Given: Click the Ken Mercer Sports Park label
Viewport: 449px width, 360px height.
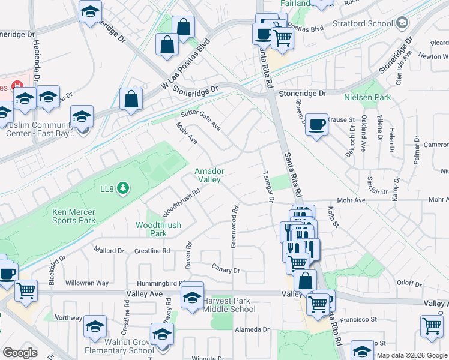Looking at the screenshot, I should click(x=74, y=216).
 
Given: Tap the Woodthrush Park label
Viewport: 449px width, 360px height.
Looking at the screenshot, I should click(x=158, y=229).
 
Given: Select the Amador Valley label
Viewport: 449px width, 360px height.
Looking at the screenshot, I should click(x=208, y=175).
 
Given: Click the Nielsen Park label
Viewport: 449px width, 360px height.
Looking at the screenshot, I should click(x=367, y=97).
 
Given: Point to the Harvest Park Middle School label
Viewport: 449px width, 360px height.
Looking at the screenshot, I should click(x=229, y=305).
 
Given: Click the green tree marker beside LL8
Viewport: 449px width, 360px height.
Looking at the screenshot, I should click(x=123, y=189).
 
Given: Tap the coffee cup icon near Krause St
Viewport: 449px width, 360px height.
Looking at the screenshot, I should click(x=316, y=124).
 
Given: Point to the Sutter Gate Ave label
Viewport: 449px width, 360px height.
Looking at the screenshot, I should click(x=202, y=120).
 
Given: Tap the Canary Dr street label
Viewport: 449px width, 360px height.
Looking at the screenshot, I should click(x=226, y=271).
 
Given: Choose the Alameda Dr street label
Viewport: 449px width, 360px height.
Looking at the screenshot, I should click(x=252, y=329).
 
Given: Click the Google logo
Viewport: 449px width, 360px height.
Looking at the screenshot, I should click(x=20, y=353).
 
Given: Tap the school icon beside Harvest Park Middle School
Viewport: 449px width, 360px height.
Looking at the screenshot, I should click(x=192, y=298).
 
